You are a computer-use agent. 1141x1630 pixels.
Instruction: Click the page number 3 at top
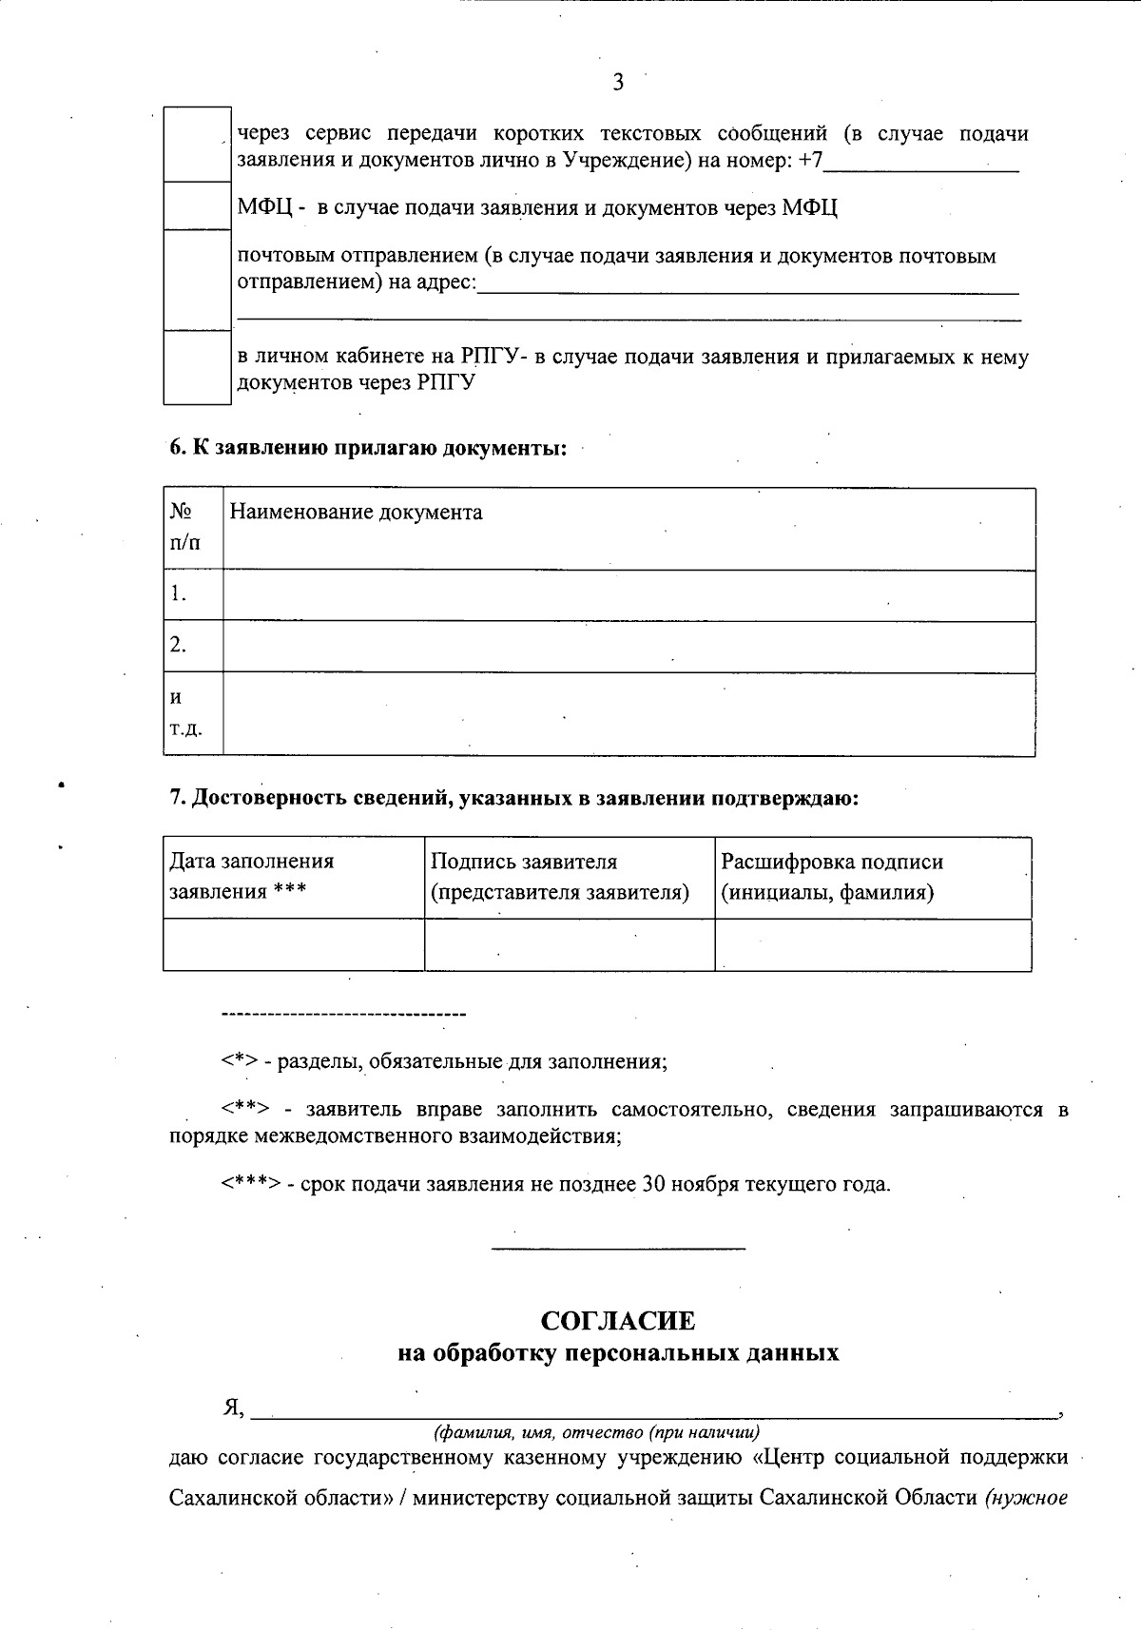click(x=618, y=83)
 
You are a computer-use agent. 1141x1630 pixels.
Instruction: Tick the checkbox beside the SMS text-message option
click(x=198, y=145)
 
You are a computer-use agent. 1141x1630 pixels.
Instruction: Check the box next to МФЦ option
click(x=198, y=205)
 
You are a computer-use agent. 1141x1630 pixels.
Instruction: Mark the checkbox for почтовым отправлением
click(x=198, y=280)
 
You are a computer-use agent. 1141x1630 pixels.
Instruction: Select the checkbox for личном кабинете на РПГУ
click(x=198, y=367)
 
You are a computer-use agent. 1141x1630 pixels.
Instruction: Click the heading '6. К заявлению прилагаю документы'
click(x=368, y=448)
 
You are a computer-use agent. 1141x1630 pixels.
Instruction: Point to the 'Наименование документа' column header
click(x=356, y=513)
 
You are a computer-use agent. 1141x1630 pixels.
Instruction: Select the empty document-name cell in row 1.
click(x=629, y=595)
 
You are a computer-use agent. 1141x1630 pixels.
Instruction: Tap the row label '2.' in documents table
click(x=179, y=646)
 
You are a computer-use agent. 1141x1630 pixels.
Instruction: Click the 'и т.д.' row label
click(x=185, y=713)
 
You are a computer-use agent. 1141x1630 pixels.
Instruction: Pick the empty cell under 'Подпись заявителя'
click(x=569, y=944)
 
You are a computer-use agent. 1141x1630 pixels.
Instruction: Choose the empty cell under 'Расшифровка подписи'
click(x=872, y=944)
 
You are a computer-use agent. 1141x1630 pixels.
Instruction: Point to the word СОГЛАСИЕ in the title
click(x=617, y=1321)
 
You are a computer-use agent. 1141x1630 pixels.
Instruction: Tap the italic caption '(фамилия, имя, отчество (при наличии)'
click(x=596, y=1431)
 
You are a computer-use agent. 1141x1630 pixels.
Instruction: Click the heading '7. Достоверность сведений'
click(x=513, y=799)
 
